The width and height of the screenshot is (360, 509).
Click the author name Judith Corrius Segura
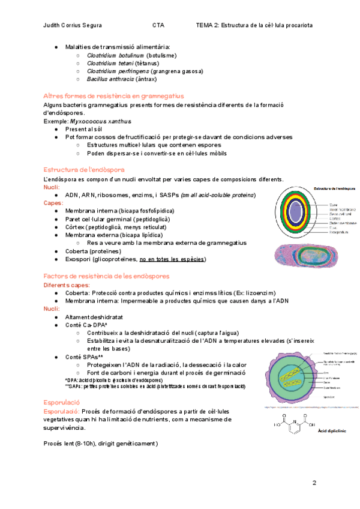pyautogui.click(x=73, y=25)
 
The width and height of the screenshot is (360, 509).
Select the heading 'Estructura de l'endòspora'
pyautogui.click(x=84, y=170)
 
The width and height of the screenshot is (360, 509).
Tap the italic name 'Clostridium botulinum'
pyautogui.click(x=115, y=55)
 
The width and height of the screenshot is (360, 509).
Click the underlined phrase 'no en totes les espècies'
pyautogui.click(x=172, y=259)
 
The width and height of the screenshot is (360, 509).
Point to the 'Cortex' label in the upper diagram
pyautogui.click(x=334, y=218)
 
